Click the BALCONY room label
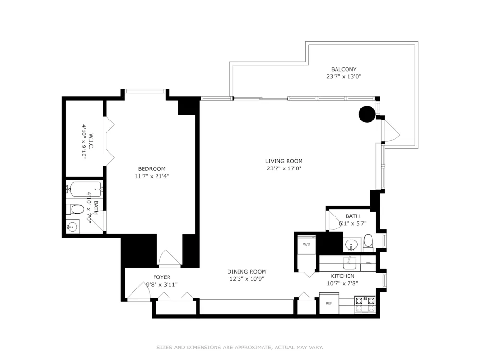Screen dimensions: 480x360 tap(344, 69)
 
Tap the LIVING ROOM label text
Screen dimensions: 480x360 tap(284, 161)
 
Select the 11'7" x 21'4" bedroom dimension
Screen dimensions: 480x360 tap(152, 176)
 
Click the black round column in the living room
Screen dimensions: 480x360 tap(367, 114)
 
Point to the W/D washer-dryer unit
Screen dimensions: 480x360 tap(306, 244)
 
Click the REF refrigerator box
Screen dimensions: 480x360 tap(329, 303)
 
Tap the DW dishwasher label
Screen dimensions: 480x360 tap(368, 263)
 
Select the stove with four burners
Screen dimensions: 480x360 tap(365, 305)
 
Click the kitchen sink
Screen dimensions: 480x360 tap(349, 262)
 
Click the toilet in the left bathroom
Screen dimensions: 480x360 tap(75, 209)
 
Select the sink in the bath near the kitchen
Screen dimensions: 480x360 tap(351, 245)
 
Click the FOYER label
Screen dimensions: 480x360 tap(162, 277)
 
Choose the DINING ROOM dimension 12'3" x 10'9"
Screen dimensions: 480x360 tap(247, 279)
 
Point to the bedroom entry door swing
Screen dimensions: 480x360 tap(169, 258)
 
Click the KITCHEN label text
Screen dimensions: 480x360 tap(342, 276)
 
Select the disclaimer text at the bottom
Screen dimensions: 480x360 tap(240, 348)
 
